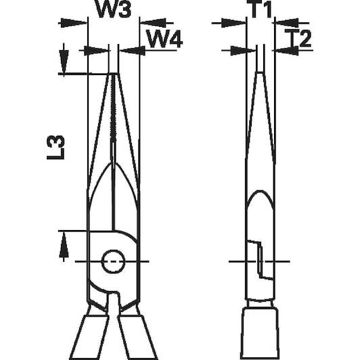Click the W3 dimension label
[114, 9]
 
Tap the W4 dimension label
[164, 39]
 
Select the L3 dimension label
[55, 148]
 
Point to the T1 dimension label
[261, 9]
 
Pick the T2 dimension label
[298, 38]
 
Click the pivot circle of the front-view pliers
[113, 261]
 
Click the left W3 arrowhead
[74, 23]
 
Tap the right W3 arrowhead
[153, 23]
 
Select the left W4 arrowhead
[95, 51]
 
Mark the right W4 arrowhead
[133, 51]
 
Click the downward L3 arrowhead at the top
[64, 62]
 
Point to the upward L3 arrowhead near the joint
[64, 245]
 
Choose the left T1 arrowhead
[233, 23]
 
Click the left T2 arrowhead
[244, 51]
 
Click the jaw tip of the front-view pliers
[114, 74]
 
